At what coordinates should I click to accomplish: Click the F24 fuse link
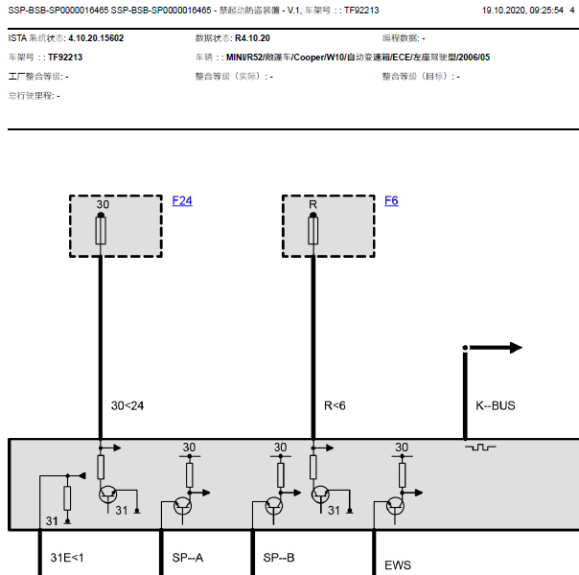pyautogui.click(x=182, y=201)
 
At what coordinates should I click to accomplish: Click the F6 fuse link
pyautogui.click(x=391, y=201)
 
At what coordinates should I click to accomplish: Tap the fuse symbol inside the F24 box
pyautogui.click(x=101, y=230)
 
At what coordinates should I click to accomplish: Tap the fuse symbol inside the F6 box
pyautogui.click(x=313, y=230)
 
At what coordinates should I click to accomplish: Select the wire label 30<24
pyautogui.click(x=127, y=405)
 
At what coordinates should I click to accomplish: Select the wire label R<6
pyautogui.click(x=335, y=405)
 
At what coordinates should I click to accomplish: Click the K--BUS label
pyautogui.click(x=495, y=405)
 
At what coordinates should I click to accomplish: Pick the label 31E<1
pyautogui.click(x=67, y=557)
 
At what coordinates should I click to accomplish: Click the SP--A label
pyautogui.click(x=187, y=557)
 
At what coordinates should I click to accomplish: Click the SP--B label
pyautogui.click(x=279, y=557)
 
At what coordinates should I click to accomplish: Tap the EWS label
pyautogui.click(x=397, y=565)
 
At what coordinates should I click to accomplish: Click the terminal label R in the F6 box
pyautogui.click(x=313, y=204)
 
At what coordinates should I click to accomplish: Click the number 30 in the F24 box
pyautogui.click(x=103, y=204)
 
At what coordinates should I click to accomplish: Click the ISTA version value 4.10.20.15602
pyautogui.click(x=96, y=38)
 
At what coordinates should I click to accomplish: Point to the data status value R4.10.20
pyautogui.click(x=252, y=38)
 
